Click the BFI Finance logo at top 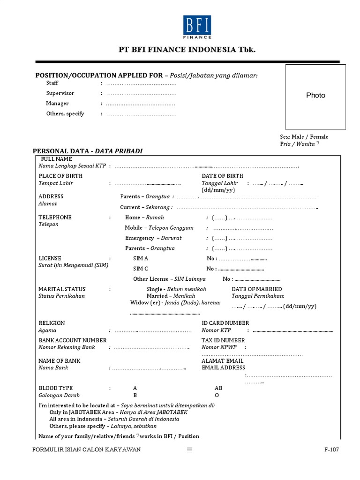197,27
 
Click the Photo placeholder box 315,96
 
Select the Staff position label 52,83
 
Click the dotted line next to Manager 141,104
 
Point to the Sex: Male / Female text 304,137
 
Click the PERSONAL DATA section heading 87,151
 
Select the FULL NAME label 56,159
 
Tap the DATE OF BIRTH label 222,176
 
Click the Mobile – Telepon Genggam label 159,228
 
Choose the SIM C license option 141,269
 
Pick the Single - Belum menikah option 176,289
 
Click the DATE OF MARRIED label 257,289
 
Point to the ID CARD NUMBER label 225,323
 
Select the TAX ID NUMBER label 223,340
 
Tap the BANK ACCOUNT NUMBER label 72,340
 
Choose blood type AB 218,388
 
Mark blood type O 217,395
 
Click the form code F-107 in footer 331,450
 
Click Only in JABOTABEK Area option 118,412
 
